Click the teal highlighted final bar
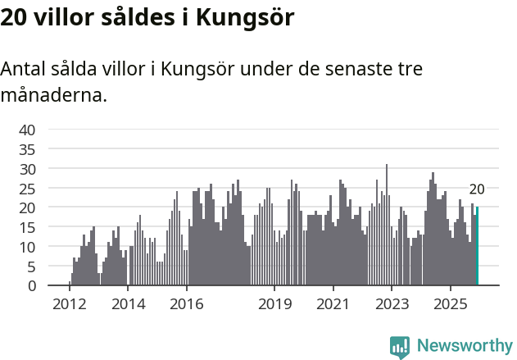click(477, 246)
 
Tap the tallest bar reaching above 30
click(387, 226)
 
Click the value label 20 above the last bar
click(477, 189)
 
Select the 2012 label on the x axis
click(69, 304)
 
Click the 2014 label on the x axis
click(128, 304)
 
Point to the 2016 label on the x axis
click(187, 304)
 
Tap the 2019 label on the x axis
click(274, 304)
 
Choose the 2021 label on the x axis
click(333, 304)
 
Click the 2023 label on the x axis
click(392, 304)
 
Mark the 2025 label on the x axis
click(451, 304)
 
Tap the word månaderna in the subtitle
click(53, 95)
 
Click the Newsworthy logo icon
click(400, 347)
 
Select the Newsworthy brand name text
click(464, 346)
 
